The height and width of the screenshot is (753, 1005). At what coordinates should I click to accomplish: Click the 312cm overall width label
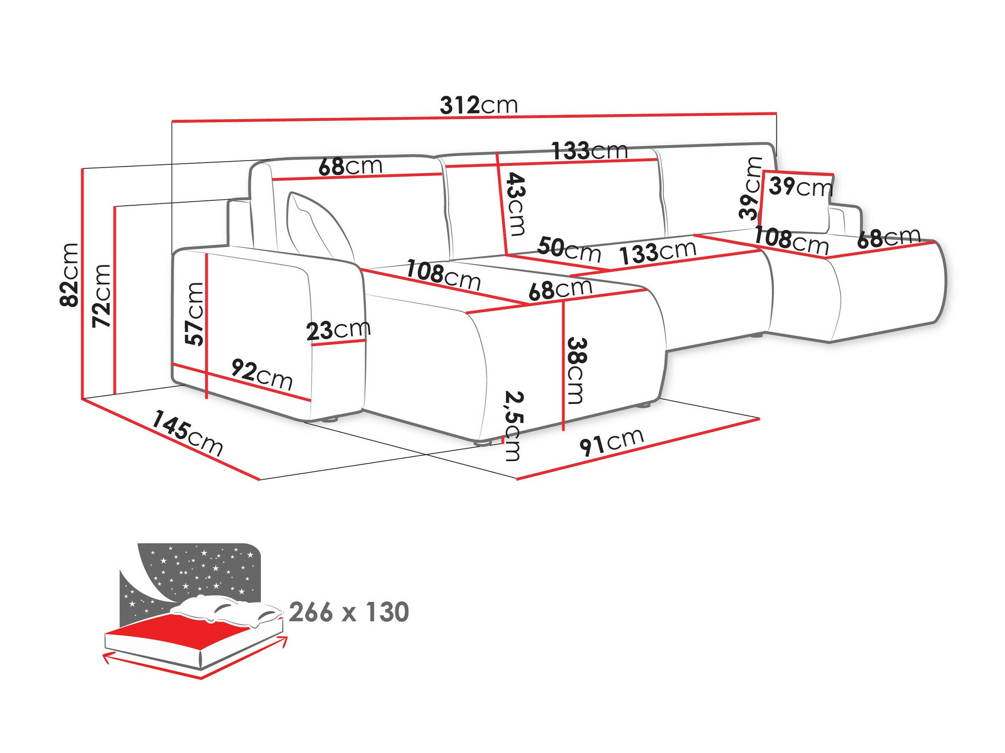[x=478, y=105]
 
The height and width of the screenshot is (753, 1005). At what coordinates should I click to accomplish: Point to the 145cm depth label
[x=187, y=433]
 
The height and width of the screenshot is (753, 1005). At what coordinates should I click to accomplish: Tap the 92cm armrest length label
[x=262, y=375]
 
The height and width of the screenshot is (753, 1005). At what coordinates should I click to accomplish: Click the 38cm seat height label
[x=576, y=370]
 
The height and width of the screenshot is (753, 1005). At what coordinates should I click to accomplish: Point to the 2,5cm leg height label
[x=513, y=426]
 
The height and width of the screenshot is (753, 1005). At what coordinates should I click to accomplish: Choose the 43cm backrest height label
[x=516, y=204]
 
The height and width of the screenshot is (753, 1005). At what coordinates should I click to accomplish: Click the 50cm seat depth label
[x=569, y=249]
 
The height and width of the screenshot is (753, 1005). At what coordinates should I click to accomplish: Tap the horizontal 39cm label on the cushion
[x=800, y=187]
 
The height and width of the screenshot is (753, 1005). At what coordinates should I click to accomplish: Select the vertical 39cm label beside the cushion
[x=750, y=188]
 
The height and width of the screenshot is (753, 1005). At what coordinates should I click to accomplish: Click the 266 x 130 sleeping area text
[x=349, y=612]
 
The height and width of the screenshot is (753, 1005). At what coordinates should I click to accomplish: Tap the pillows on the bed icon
[x=226, y=610]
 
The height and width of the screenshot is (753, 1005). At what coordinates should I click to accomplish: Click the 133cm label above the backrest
[x=589, y=150]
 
